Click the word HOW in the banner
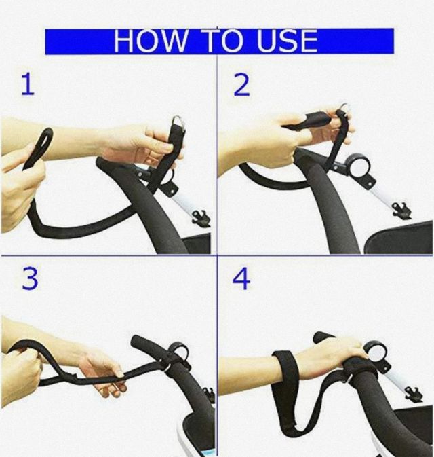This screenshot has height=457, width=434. tap(151, 41)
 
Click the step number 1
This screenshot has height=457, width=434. tap(28, 84)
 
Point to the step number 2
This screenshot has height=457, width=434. tap(242, 85)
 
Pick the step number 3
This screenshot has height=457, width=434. tap(30, 279)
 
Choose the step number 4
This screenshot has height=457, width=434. tap(241, 279)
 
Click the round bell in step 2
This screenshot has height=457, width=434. tap(359, 167)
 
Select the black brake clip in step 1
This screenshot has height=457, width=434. tap(201, 218)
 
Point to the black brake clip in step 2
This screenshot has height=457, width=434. tap(402, 211)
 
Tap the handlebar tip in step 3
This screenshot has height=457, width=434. tap(137, 341)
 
